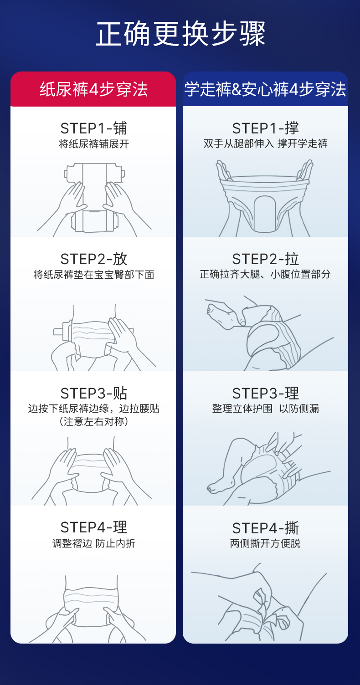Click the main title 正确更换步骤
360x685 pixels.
(180, 34)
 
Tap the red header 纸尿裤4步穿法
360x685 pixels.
(93, 89)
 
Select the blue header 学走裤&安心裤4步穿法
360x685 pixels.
(265, 89)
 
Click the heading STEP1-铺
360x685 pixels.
(93, 128)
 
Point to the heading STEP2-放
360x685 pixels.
(93, 259)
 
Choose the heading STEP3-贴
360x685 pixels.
(93, 393)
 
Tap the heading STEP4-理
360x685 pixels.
(93, 527)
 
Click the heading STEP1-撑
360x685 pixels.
(266, 128)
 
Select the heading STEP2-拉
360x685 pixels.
(266, 259)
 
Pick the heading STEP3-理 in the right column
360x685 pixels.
(266, 393)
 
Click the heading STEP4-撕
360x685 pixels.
(266, 528)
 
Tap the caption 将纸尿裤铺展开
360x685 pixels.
(94, 144)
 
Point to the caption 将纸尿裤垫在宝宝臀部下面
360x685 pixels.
(94, 275)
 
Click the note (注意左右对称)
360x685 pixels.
(94, 421)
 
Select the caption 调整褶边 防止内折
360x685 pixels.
(94, 543)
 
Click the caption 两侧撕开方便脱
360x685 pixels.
(265, 543)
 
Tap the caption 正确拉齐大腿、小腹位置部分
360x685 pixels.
(265, 274)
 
